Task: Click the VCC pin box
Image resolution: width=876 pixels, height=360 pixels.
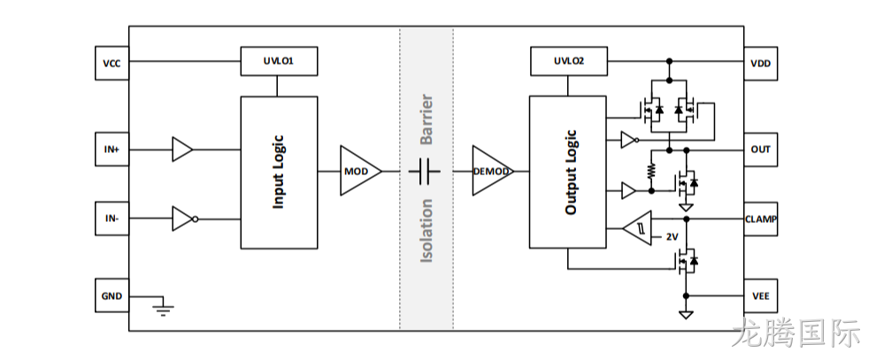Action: coord(111,63)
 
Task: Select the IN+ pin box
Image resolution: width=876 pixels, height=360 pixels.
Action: coord(111,149)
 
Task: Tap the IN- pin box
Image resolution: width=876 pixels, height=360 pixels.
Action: coord(111,218)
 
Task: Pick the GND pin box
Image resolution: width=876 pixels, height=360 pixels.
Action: coord(111,295)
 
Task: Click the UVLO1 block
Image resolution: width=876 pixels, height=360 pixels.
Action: coord(279,61)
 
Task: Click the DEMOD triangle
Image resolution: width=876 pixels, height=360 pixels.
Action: coord(493,171)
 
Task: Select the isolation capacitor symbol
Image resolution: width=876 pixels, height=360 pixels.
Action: coord(424,171)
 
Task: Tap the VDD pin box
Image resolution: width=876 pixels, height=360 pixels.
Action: coord(760,63)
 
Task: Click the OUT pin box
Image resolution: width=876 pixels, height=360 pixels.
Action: coord(760,149)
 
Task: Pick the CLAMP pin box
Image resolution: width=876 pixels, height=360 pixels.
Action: coord(760,218)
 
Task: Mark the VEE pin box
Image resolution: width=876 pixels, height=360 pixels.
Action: coord(760,295)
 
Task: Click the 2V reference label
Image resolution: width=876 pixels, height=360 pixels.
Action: coord(672,237)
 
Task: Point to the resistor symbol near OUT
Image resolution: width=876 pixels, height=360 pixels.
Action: coord(651,171)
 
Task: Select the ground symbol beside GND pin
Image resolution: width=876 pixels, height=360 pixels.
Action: coord(163,310)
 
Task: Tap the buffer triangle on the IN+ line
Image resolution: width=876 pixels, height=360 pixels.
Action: coord(182,149)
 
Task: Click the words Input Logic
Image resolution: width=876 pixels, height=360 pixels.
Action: coord(278,172)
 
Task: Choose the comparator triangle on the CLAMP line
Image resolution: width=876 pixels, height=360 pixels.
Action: coord(637,227)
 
